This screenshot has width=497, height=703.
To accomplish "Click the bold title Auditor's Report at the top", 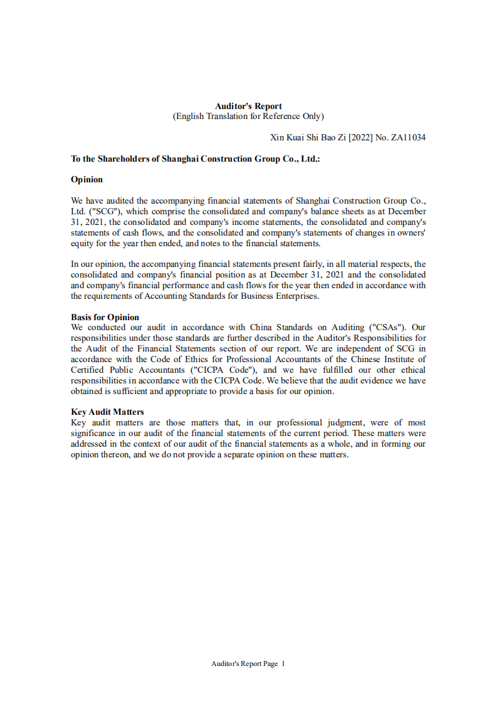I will pyautogui.click(x=248, y=106).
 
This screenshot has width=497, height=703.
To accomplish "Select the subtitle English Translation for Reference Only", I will pyautogui.click(x=248, y=116).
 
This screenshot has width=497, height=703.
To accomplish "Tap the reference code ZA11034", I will pyautogui.click(x=409, y=137).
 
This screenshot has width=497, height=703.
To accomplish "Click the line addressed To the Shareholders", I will pyautogui.click(x=196, y=159).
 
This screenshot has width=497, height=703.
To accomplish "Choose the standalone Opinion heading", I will pyautogui.click(x=86, y=180).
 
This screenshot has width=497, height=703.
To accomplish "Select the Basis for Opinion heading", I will pyautogui.click(x=105, y=317).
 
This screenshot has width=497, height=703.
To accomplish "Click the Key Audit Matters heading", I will pyautogui.click(x=107, y=412).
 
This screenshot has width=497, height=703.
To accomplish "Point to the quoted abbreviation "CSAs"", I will pyautogui.click(x=388, y=327).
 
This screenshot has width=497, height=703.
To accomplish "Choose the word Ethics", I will pyautogui.click(x=199, y=359).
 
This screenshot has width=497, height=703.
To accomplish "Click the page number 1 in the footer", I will pyautogui.click(x=283, y=664).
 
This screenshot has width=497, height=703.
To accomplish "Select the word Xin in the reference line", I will pyautogui.click(x=277, y=137).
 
